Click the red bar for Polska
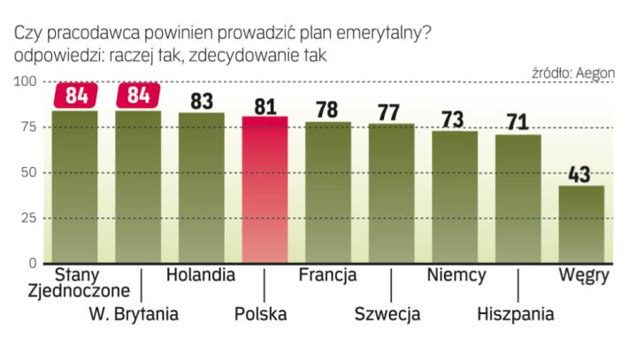(x=265, y=189)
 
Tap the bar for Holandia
(x=202, y=188)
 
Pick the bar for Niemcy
(x=455, y=196)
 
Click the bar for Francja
(x=328, y=192)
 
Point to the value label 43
(x=581, y=173)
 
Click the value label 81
(x=265, y=104)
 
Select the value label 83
(x=202, y=100)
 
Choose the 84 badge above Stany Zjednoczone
(x=75, y=95)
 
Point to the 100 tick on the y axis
(x=24, y=82)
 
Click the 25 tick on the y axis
(x=27, y=218)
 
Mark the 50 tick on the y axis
(x=27, y=172)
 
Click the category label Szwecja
(x=388, y=313)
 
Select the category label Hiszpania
(x=516, y=313)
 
